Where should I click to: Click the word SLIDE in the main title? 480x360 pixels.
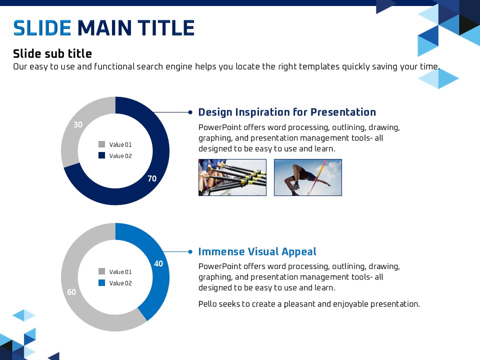[x=42, y=28]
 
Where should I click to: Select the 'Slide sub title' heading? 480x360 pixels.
[x=52, y=53]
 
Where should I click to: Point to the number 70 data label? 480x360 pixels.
[x=152, y=178]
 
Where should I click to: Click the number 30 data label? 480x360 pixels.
[x=78, y=124]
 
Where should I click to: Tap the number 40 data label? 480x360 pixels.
[x=158, y=263]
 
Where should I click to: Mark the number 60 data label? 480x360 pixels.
[x=71, y=292]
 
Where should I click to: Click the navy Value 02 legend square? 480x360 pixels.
[x=101, y=155]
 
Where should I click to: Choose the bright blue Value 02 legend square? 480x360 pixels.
[x=101, y=283]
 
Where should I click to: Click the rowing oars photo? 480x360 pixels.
[x=232, y=177]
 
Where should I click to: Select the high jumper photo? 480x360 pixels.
[x=308, y=177]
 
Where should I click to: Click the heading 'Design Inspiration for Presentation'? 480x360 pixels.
[x=287, y=112]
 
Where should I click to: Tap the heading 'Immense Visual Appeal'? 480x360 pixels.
[x=257, y=251]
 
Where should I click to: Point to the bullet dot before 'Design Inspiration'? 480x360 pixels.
[x=190, y=112]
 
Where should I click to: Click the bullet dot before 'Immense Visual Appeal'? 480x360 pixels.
[x=190, y=252]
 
